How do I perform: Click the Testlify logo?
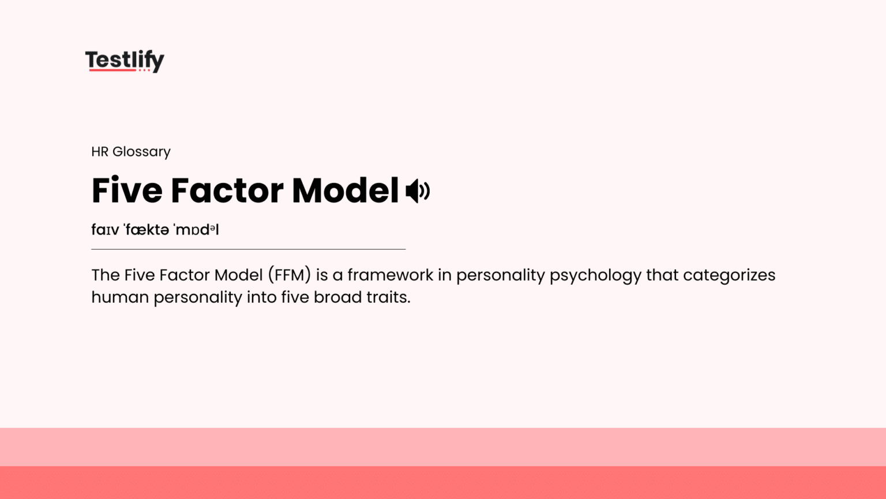pyautogui.click(x=125, y=60)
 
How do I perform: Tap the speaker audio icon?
pyautogui.click(x=418, y=191)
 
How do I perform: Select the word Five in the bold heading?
pyautogui.click(x=127, y=191)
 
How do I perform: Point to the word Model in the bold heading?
pyautogui.click(x=345, y=191)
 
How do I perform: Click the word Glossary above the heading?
pyautogui.click(x=141, y=152)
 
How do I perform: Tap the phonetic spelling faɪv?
pyautogui.click(x=105, y=230)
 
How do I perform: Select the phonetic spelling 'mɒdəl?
pyautogui.click(x=196, y=230)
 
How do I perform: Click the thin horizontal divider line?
pyautogui.click(x=248, y=249)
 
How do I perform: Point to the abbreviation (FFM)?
pyautogui.click(x=289, y=275)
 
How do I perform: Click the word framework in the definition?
pyautogui.click(x=390, y=275)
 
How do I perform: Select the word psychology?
pyautogui.click(x=595, y=275)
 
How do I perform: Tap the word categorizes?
pyautogui.click(x=729, y=275)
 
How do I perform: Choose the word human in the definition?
pyautogui.click(x=120, y=297)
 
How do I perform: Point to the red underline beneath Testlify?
pyautogui.click(x=112, y=70)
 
